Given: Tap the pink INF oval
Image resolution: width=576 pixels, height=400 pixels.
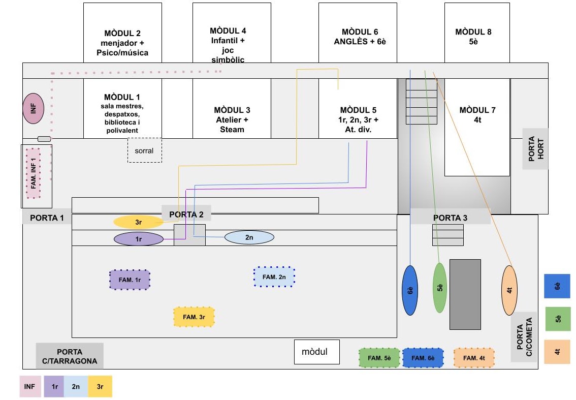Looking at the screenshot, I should [x=34, y=108].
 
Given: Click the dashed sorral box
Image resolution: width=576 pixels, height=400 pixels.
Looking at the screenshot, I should [x=144, y=150].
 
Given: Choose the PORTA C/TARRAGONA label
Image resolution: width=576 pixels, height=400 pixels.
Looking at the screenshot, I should [x=70, y=356].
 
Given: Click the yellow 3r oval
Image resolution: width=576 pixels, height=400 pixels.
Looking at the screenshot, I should [x=138, y=222].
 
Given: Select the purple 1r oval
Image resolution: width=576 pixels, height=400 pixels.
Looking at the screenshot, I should [x=138, y=238].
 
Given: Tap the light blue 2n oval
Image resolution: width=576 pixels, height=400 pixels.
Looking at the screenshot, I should [x=249, y=237].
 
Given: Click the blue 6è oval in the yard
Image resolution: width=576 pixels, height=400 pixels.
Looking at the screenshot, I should [x=410, y=290].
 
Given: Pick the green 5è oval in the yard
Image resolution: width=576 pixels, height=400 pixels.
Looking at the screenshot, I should [x=440, y=288].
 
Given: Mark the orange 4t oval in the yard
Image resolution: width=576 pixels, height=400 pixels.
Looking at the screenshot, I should [x=509, y=290].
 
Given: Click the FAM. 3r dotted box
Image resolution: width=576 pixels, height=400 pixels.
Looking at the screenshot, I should [x=194, y=317].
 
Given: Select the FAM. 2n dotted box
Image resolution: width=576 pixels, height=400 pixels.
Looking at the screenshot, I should [x=274, y=277].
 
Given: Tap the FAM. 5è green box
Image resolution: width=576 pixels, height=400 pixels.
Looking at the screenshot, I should [x=379, y=358].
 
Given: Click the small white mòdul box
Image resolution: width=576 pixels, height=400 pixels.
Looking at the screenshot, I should [x=316, y=352].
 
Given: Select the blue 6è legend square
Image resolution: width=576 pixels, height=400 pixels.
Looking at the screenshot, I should [x=557, y=287].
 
